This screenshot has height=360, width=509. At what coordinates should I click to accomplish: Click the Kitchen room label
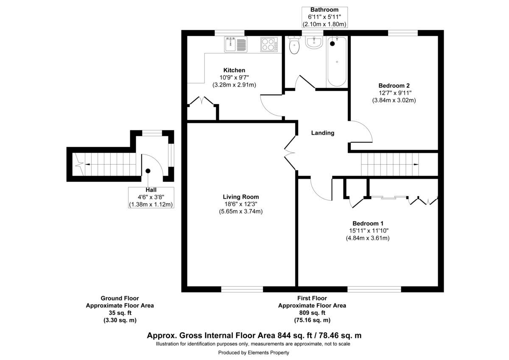click(235, 70)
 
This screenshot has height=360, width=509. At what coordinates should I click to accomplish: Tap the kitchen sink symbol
click(236, 44)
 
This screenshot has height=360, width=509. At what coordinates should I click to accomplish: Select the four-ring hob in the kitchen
click(269, 44)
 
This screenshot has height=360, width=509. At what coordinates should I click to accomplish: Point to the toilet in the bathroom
click(294, 45)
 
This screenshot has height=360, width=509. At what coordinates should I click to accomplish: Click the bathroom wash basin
click(314, 42)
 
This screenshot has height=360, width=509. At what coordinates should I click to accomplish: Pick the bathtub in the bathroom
click(337, 61)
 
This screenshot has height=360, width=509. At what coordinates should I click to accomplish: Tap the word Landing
click(323, 133)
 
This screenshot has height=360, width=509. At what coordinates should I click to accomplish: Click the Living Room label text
click(241, 197)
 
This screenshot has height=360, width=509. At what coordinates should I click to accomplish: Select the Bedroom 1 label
click(368, 223)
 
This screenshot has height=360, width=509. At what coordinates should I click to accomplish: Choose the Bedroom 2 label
click(394, 85)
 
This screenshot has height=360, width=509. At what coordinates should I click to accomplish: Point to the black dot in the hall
click(148, 171)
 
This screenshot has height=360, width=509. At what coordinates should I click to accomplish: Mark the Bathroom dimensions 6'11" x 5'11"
click(324, 17)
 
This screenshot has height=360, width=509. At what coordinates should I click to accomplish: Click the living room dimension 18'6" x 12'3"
click(241, 204)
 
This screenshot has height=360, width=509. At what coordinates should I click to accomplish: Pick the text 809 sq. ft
click(312, 313)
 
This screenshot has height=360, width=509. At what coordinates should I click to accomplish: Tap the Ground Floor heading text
click(120, 298)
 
